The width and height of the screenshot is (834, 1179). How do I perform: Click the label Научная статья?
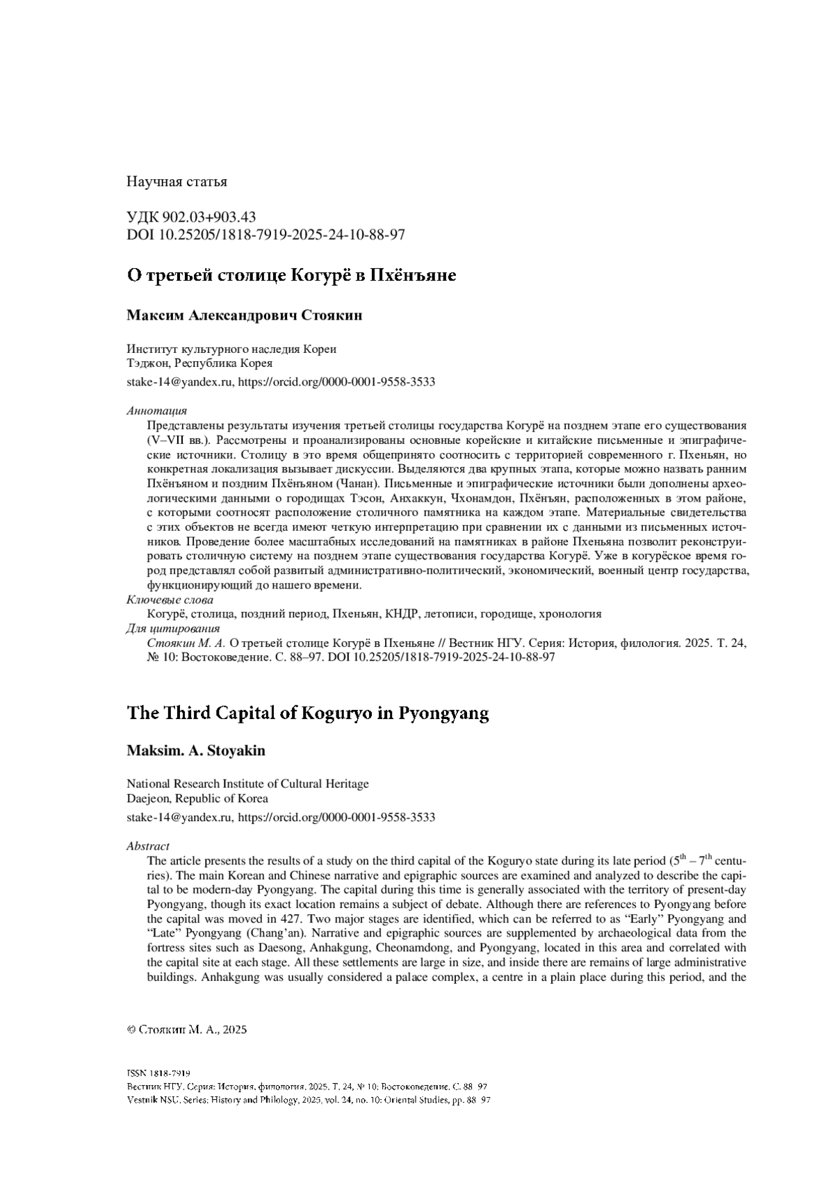tap(177, 182)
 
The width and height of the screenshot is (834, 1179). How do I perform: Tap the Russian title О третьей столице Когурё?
tap(291, 275)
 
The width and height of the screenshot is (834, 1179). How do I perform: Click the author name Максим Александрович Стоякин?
tap(244, 315)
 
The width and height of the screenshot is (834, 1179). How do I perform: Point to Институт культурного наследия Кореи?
tap(231, 349)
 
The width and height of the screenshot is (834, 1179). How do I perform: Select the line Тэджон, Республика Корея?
tap(199, 363)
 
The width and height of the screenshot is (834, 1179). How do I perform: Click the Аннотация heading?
tap(156, 411)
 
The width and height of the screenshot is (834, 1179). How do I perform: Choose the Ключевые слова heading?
tap(170, 600)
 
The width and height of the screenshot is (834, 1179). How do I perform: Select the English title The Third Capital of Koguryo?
tap(308, 714)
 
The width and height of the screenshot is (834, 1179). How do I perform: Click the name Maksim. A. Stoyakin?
tap(196, 751)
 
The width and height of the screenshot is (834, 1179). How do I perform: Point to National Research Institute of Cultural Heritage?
tap(247, 784)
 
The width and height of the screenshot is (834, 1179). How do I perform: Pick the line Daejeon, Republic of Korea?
tap(197, 798)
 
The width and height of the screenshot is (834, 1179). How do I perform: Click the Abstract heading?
tap(148, 846)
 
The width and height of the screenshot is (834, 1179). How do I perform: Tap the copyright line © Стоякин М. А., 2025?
tap(187, 1030)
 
